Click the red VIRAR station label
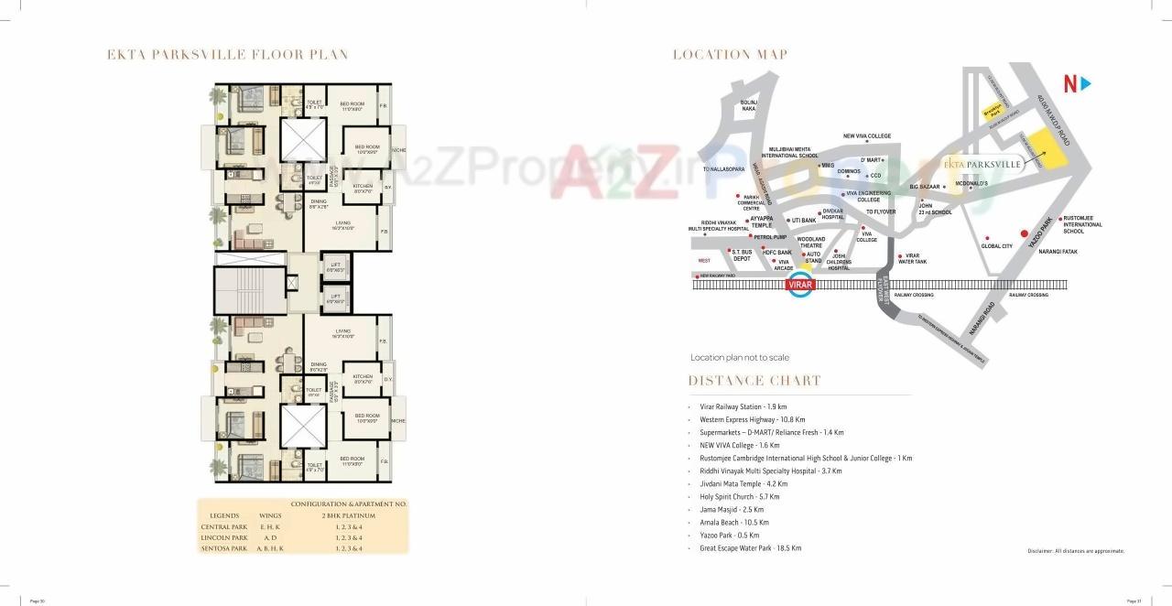click(800, 285)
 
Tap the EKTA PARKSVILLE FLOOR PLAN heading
click(228, 55)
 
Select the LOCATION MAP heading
click(730, 55)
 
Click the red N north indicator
click(1069, 84)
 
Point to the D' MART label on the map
click(870, 160)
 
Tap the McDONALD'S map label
click(971, 183)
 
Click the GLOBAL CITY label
click(996, 245)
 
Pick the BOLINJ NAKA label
click(749, 104)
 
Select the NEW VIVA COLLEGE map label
click(867, 136)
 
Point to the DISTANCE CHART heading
click(754, 381)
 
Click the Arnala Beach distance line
click(741, 523)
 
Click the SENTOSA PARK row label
click(224, 548)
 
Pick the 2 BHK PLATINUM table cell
click(349, 515)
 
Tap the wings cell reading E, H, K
click(270, 526)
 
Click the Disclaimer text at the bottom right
click(1075, 551)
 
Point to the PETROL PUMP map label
click(770, 236)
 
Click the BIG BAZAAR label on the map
click(926, 187)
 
